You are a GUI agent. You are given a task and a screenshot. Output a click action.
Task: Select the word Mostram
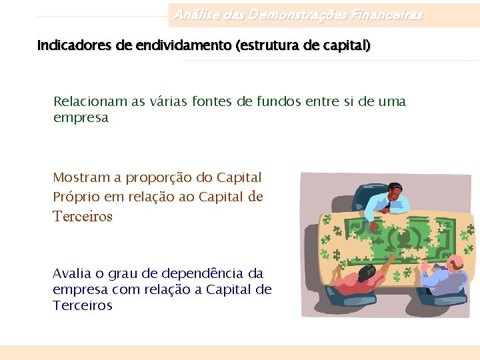coord(81,177)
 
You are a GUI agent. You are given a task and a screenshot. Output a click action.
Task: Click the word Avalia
coord(70,273)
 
